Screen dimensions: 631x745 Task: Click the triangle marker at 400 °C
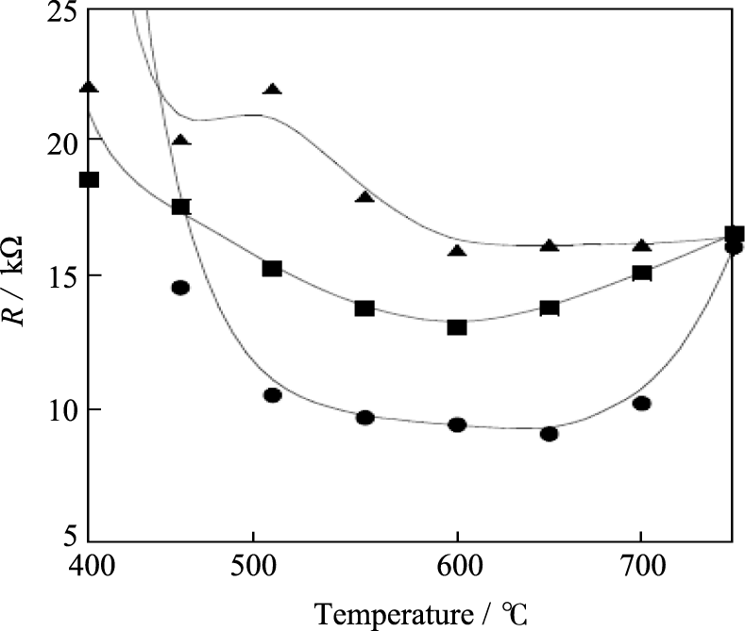click(x=89, y=88)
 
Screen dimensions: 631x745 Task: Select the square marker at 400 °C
click(x=89, y=179)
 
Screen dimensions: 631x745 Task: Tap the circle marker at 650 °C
click(x=549, y=434)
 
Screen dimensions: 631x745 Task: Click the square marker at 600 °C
click(x=457, y=326)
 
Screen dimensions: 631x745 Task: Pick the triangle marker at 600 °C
click(x=457, y=251)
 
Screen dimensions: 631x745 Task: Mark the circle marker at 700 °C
click(x=641, y=404)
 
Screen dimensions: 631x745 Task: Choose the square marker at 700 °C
click(x=641, y=273)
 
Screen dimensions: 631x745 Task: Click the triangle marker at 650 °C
click(x=549, y=245)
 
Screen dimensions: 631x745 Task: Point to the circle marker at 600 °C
click(x=457, y=424)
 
